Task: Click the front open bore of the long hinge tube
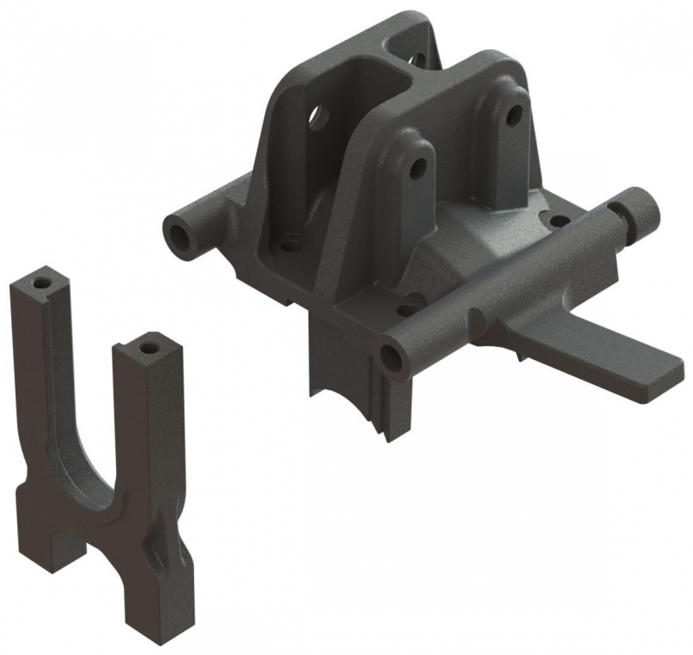point(392,356)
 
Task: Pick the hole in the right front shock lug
point(514,114)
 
